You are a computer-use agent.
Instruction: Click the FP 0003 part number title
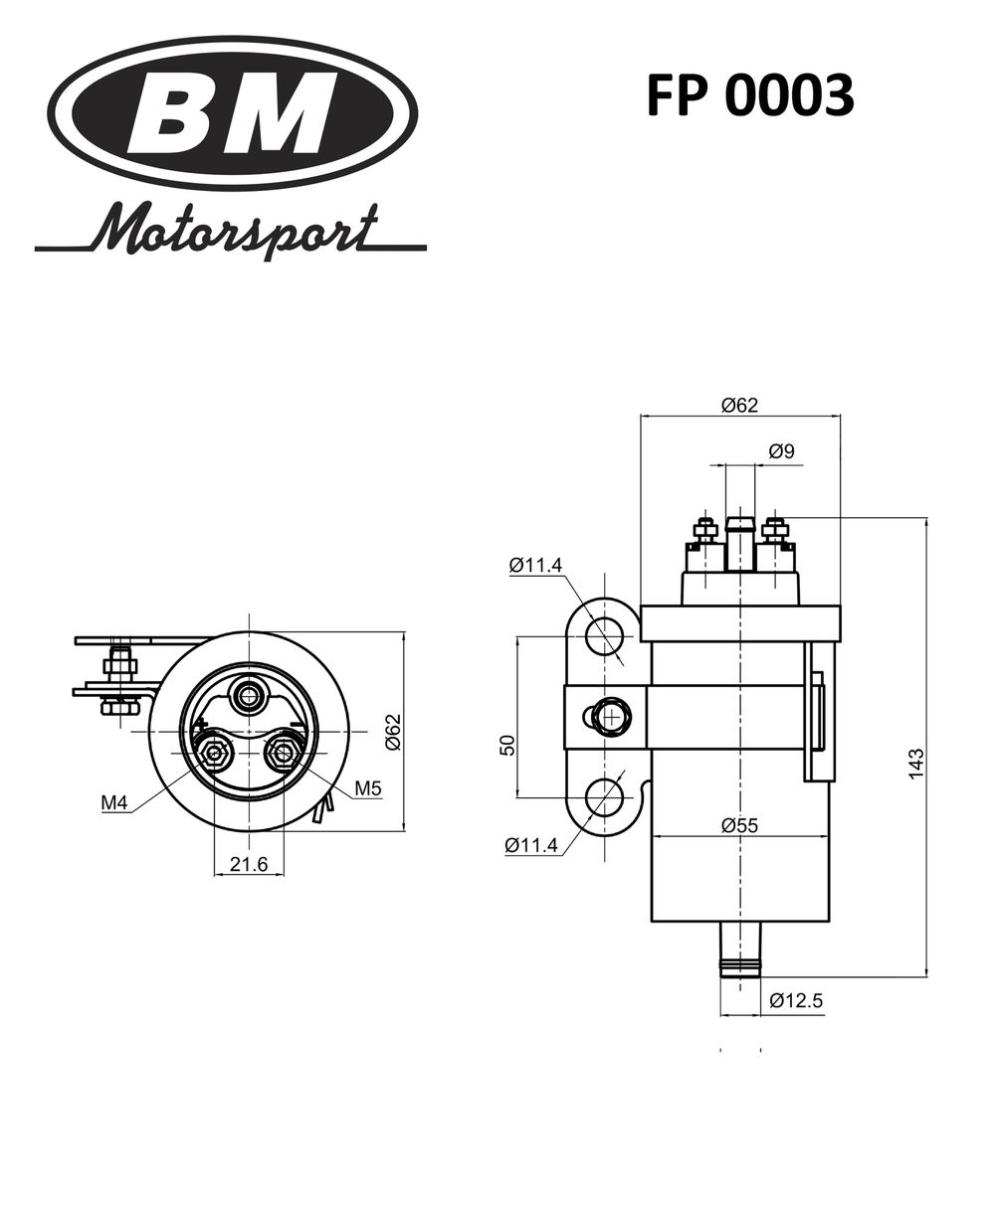click(x=749, y=96)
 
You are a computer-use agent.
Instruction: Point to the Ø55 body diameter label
click(x=740, y=824)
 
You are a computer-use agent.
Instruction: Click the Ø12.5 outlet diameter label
click(x=796, y=1001)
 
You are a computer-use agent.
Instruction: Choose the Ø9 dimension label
click(x=781, y=451)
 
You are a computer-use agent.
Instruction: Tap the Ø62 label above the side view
click(x=739, y=405)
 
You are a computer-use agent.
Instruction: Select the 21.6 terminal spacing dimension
click(x=249, y=864)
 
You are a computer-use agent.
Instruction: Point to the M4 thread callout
click(x=114, y=802)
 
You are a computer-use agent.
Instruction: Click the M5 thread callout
click(x=368, y=788)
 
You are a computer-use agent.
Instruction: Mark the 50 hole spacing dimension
click(x=505, y=745)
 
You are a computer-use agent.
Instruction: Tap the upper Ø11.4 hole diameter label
click(x=535, y=565)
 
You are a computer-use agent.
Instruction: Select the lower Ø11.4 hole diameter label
click(x=531, y=846)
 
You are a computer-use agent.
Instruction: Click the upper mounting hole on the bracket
click(x=604, y=635)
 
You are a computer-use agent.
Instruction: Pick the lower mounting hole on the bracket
click(x=604, y=797)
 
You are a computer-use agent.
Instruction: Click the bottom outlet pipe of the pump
click(x=740, y=950)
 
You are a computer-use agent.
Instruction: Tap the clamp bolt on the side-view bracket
click(x=606, y=716)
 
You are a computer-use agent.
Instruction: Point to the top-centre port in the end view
click(x=246, y=695)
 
